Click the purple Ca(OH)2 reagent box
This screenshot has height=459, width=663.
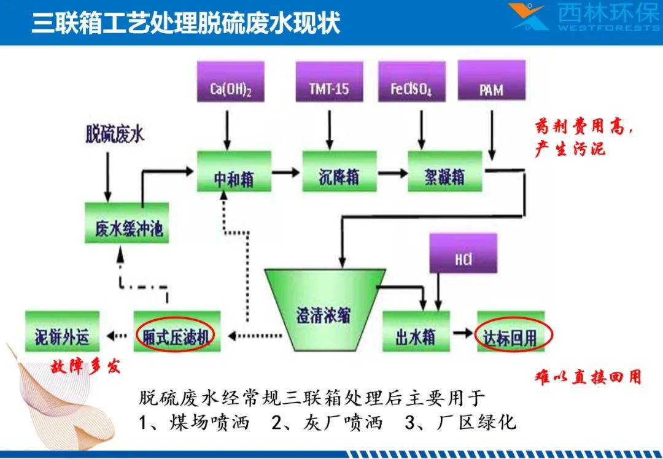click(231, 82)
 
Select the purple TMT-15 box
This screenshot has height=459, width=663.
click(330, 82)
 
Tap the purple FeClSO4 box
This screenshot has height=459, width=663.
click(412, 82)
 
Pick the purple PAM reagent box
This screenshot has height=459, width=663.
click(492, 80)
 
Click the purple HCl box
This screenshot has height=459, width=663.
click(463, 253)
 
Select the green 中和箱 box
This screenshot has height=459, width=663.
click(235, 171)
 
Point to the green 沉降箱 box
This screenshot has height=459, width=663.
click(339, 171)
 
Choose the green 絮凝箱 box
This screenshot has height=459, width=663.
click(445, 171)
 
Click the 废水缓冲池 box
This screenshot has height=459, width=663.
click(127, 223)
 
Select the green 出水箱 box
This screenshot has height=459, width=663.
click(416, 332)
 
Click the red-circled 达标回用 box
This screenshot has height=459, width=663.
click(511, 332)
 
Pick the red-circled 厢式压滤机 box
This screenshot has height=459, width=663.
click(177, 332)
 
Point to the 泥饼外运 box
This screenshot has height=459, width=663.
click(62, 332)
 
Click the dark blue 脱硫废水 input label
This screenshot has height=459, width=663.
click(115, 134)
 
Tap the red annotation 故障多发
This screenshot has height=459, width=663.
click(85, 366)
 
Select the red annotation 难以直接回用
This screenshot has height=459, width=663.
click(588, 377)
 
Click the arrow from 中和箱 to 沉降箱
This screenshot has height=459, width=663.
click(286, 172)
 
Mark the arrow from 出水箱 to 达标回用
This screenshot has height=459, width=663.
click(463, 333)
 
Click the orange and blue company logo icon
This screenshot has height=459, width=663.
click(529, 17)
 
